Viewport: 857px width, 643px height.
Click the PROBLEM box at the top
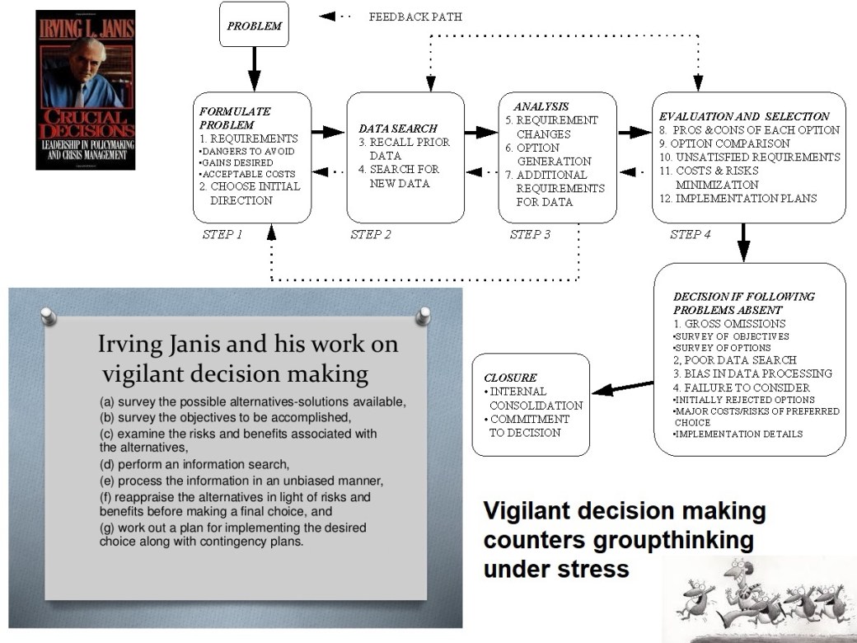tap(254, 25)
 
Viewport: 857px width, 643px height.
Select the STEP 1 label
tap(222, 234)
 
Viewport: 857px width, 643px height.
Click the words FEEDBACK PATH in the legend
tap(415, 16)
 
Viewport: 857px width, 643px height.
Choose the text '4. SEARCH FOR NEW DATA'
tap(404, 176)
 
